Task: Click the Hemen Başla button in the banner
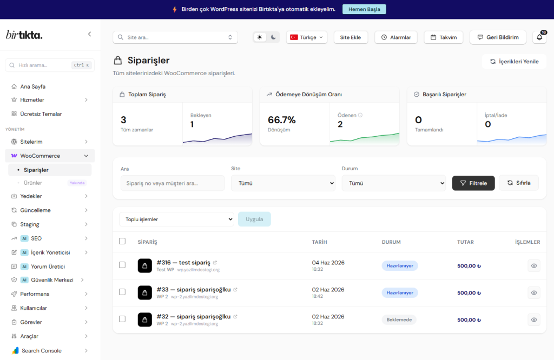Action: coord(364,9)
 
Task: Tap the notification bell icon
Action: coord(539,37)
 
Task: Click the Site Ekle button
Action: coord(351,37)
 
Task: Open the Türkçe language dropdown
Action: coord(306,37)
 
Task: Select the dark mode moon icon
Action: coord(273,37)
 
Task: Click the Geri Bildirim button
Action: coord(498,37)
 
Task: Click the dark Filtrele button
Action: coord(473,183)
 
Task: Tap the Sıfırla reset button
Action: coord(519,183)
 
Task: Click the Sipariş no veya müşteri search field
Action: coord(173,183)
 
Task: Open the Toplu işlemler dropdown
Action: coord(177,219)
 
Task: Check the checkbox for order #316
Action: coord(122,265)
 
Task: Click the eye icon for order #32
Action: coord(534,320)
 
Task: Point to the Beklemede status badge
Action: coord(399,320)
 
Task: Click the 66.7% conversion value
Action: coord(281,120)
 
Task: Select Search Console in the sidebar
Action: coord(42,350)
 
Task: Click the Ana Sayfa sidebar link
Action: coord(33,86)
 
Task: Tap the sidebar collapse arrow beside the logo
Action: coord(89,34)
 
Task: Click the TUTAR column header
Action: coord(465,242)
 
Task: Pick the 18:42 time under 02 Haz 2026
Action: coord(317,296)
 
